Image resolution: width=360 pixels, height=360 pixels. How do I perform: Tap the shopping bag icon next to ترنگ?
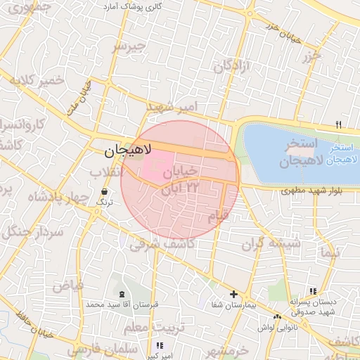(105, 191)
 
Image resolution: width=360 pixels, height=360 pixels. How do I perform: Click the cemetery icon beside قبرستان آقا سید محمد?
(122, 294)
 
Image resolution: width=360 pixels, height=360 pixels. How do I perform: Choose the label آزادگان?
(233, 67)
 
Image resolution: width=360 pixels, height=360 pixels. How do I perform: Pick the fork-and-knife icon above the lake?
(339, 125)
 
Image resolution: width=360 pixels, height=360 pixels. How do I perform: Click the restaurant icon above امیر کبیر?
(160, 345)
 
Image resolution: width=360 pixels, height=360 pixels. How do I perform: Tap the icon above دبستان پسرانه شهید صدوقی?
(312, 290)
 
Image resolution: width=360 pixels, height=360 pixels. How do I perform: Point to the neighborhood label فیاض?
(68, 285)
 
